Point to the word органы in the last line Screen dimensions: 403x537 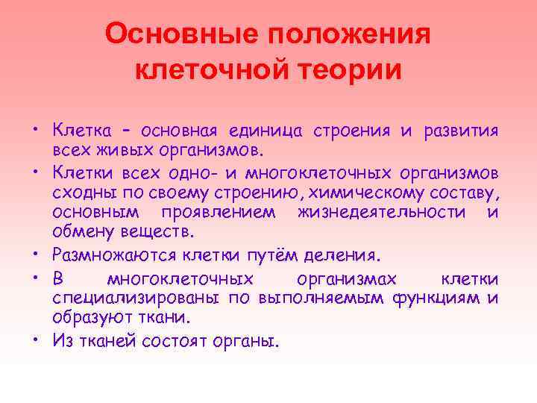253,343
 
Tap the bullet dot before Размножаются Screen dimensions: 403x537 42,256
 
